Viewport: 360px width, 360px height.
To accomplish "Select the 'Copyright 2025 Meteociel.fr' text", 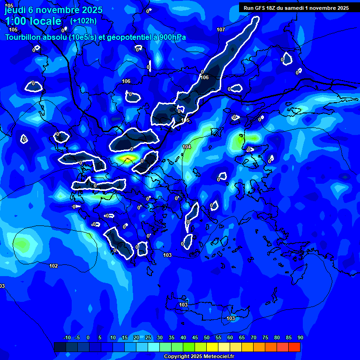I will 199,356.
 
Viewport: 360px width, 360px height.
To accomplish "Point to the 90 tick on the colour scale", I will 300,337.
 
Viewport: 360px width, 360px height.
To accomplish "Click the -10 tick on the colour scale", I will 67,337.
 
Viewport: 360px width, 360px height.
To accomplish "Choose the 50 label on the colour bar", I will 207,337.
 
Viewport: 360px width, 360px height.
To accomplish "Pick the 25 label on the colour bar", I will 148,337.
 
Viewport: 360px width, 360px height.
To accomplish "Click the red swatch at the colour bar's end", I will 294,347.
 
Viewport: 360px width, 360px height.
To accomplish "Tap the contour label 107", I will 221,30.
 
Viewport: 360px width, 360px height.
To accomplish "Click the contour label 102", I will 54,266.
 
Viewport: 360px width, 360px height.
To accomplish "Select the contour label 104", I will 187,147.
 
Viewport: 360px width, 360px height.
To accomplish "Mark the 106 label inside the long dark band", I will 204,77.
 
